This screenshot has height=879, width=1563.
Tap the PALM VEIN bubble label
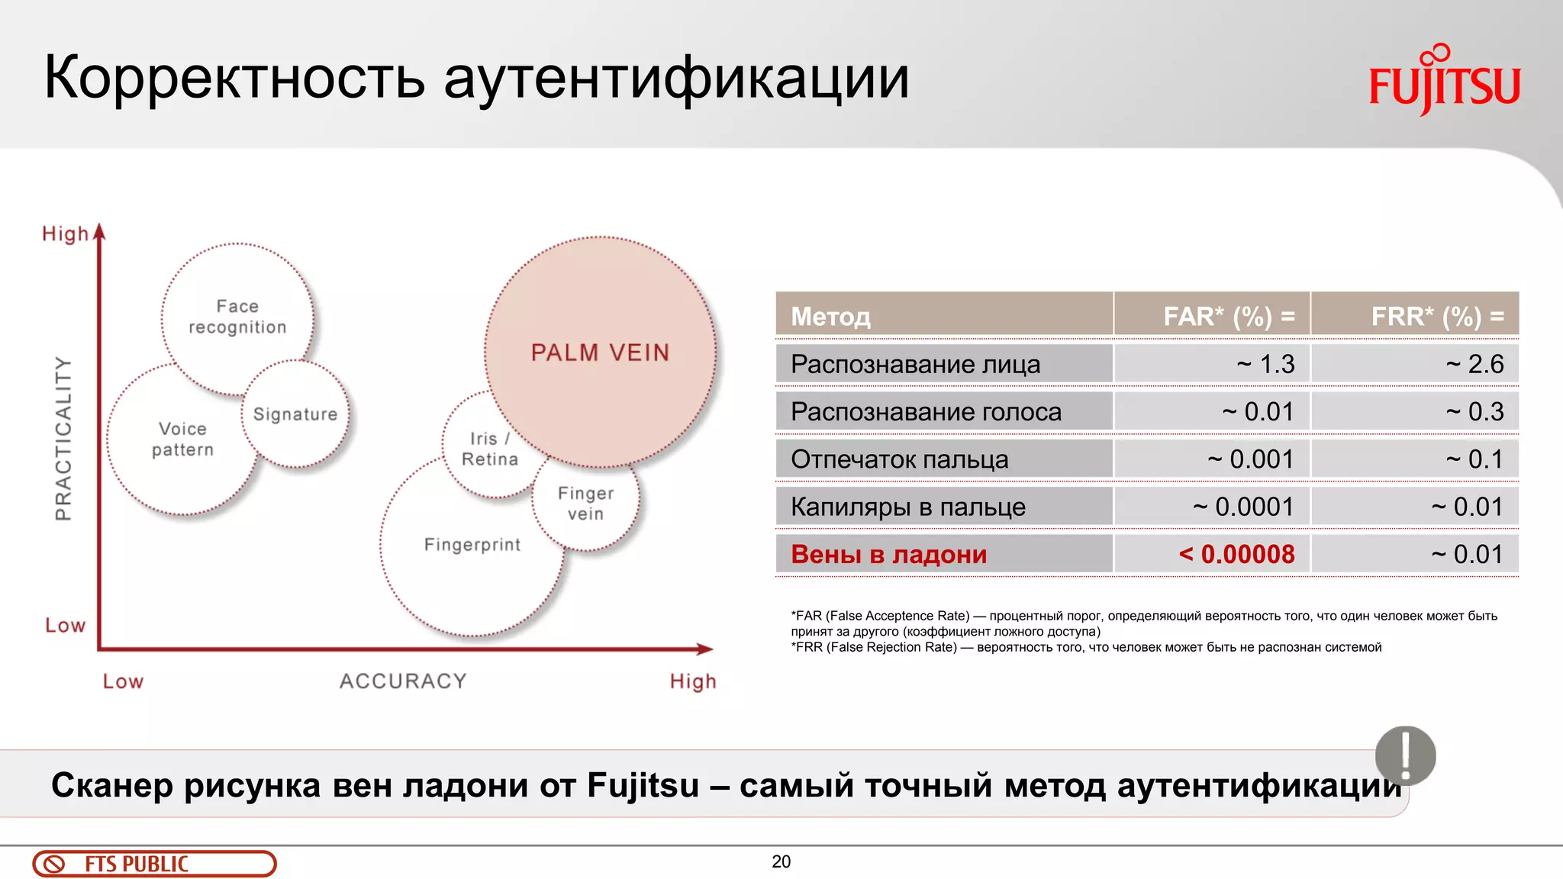click(x=600, y=353)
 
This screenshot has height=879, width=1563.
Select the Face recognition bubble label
click(x=237, y=317)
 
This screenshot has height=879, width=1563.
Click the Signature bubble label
click(x=295, y=414)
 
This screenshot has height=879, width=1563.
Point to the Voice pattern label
click(x=182, y=439)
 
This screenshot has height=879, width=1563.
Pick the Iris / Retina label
click(x=490, y=449)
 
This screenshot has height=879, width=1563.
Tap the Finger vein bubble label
click(x=585, y=504)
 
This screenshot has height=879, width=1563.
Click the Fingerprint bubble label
click(x=472, y=545)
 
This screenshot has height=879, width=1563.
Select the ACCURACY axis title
click(x=403, y=681)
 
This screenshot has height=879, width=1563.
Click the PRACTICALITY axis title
click(x=63, y=438)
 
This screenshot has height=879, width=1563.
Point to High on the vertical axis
click(x=65, y=233)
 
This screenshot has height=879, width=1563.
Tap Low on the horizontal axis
click(x=123, y=681)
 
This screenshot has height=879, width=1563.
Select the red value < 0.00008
click(x=1236, y=554)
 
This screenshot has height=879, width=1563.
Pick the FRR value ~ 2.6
click(x=1474, y=364)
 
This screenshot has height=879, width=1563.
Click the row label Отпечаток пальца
click(x=900, y=459)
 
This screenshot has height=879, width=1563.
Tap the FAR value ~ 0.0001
click(x=1243, y=507)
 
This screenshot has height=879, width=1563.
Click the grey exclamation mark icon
click(x=1405, y=755)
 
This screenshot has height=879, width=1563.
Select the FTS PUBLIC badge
click(x=154, y=864)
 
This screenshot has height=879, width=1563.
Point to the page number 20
click(x=781, y=861)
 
